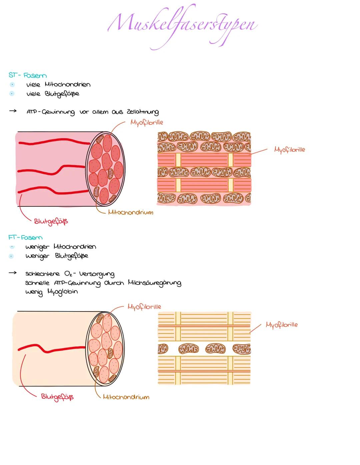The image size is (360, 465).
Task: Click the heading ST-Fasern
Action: click(27, 75)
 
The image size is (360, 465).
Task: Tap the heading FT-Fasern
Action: click(25, 238)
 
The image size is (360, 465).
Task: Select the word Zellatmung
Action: click(143, 112)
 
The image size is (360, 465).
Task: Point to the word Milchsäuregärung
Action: click(154, 283)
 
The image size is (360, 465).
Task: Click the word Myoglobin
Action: click(62, 292)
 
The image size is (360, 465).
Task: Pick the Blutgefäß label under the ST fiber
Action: click(51, 221)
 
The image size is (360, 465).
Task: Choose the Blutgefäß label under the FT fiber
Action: click(57, 397)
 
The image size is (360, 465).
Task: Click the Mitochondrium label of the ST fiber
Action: click(130, 212)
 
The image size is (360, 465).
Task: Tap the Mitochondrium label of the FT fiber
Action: click(126, 397)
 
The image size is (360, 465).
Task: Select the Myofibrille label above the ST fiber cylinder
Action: click(147, 122)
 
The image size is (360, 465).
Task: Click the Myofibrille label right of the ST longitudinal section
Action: click(289, 149)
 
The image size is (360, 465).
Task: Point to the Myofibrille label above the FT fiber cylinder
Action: click(144, 307)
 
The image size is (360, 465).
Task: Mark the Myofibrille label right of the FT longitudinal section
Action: click(281, 325)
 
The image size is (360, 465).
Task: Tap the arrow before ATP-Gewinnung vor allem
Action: click(13, 111)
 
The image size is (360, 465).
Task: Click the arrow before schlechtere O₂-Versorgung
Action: click(12, 273)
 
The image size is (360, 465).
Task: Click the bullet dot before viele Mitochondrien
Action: click(12, 84)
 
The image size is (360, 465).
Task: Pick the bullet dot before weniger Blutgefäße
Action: click(11, 256)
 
